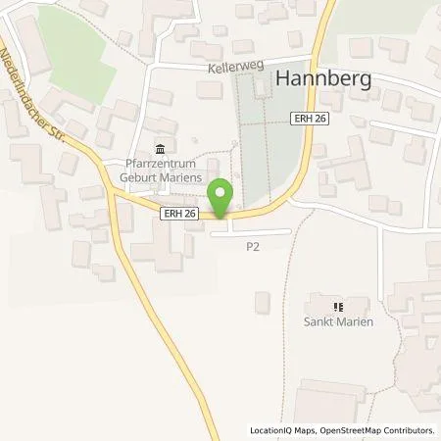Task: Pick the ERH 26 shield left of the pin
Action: click(180, 213)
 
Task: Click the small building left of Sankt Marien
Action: click(262, 303)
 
